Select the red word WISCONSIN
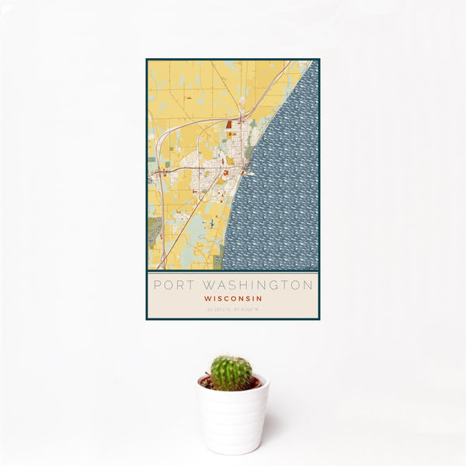pyautogui.click(x=233, y=298)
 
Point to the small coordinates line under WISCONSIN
pyautogui.click(x=233, y=310)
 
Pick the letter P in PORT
pyautogui.click(x=158, y=285)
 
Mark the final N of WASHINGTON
pyautogui.click(x=308, y=285)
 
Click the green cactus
pyautogui.click(x=231, y=373)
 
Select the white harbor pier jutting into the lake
pyautogui.click(x=250, y=173)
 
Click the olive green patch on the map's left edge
pyautogui.click(x=154, y=228)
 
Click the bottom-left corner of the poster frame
pyautogui.click(x=147, y=318)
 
